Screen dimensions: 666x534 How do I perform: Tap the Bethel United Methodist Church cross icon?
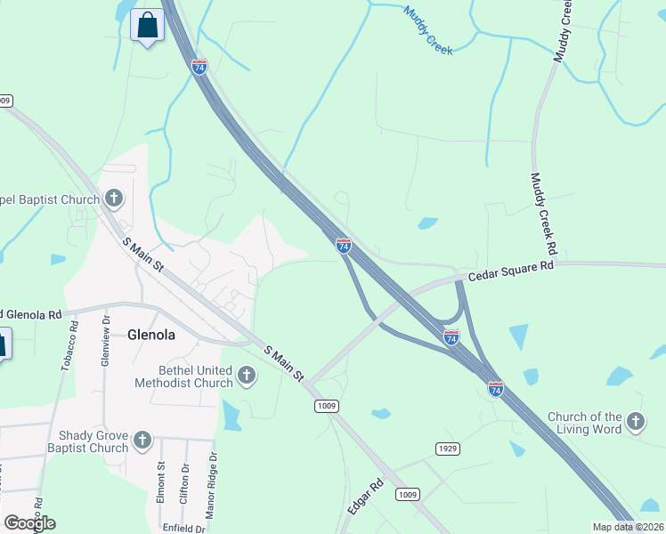[x=248, y=376]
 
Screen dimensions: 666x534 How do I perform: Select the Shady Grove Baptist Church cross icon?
[x=142, y=441]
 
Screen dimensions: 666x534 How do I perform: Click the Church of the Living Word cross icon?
[x=635, y=422]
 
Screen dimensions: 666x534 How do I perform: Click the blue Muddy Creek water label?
[x=428, y=30]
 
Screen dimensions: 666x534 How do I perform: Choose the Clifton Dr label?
[x=184, y=484]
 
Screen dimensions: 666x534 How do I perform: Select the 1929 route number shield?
[x=447, y=448]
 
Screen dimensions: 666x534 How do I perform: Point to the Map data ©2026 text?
[x=628, y=527]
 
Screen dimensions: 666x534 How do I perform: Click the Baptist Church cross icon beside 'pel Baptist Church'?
[x=114, y=198]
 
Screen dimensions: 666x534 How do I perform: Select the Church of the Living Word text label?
[x=584, y=423]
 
